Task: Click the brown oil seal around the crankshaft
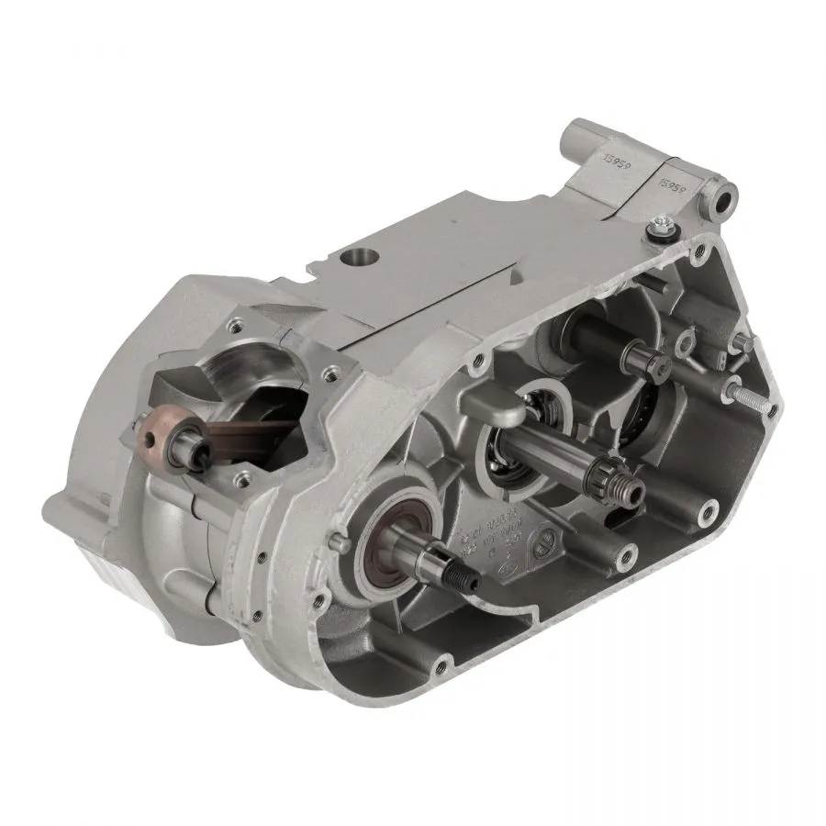(396, 532)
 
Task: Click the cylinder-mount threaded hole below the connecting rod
(243, 476)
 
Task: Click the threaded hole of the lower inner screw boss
(626, 554)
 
